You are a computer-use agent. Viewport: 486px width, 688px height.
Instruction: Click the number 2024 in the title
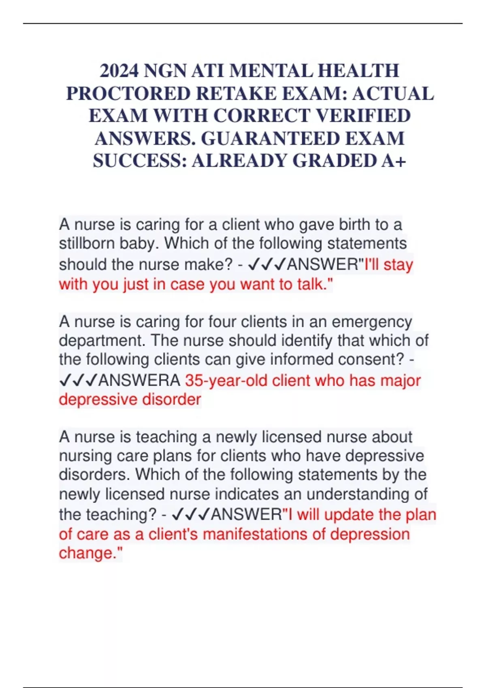(119, 71)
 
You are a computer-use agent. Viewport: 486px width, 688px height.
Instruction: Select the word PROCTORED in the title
(128, 94)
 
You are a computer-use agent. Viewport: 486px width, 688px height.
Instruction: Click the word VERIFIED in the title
(363, 116)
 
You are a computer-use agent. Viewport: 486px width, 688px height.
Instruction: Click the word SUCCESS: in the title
(140, 161)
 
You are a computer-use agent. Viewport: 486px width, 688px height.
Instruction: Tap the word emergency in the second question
(371, 322)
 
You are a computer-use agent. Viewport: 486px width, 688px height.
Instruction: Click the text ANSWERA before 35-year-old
(139, 381)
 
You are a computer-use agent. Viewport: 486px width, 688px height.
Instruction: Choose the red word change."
(90, 553)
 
